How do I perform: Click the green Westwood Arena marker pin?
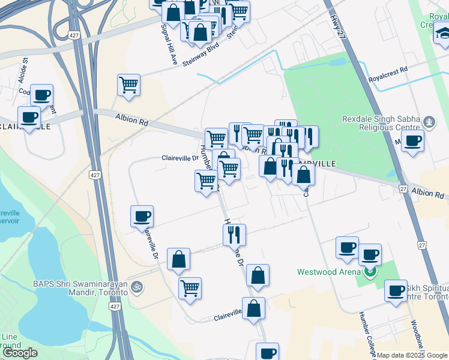[x=370, y=274]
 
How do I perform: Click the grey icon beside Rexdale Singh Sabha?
[x=429, y=123]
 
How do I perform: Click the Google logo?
[x=20, y=352]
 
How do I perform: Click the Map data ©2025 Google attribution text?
[x=412, y=355]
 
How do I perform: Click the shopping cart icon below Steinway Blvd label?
[x=129, y=85]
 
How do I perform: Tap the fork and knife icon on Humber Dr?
[x=235, y=234]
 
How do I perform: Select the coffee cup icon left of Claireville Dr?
[x=142, y=216]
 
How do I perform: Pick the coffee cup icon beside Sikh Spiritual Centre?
[x=396, y=291]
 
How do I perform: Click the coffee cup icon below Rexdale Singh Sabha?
[x=412, y=142]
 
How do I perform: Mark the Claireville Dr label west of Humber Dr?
[x=180, y=158]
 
